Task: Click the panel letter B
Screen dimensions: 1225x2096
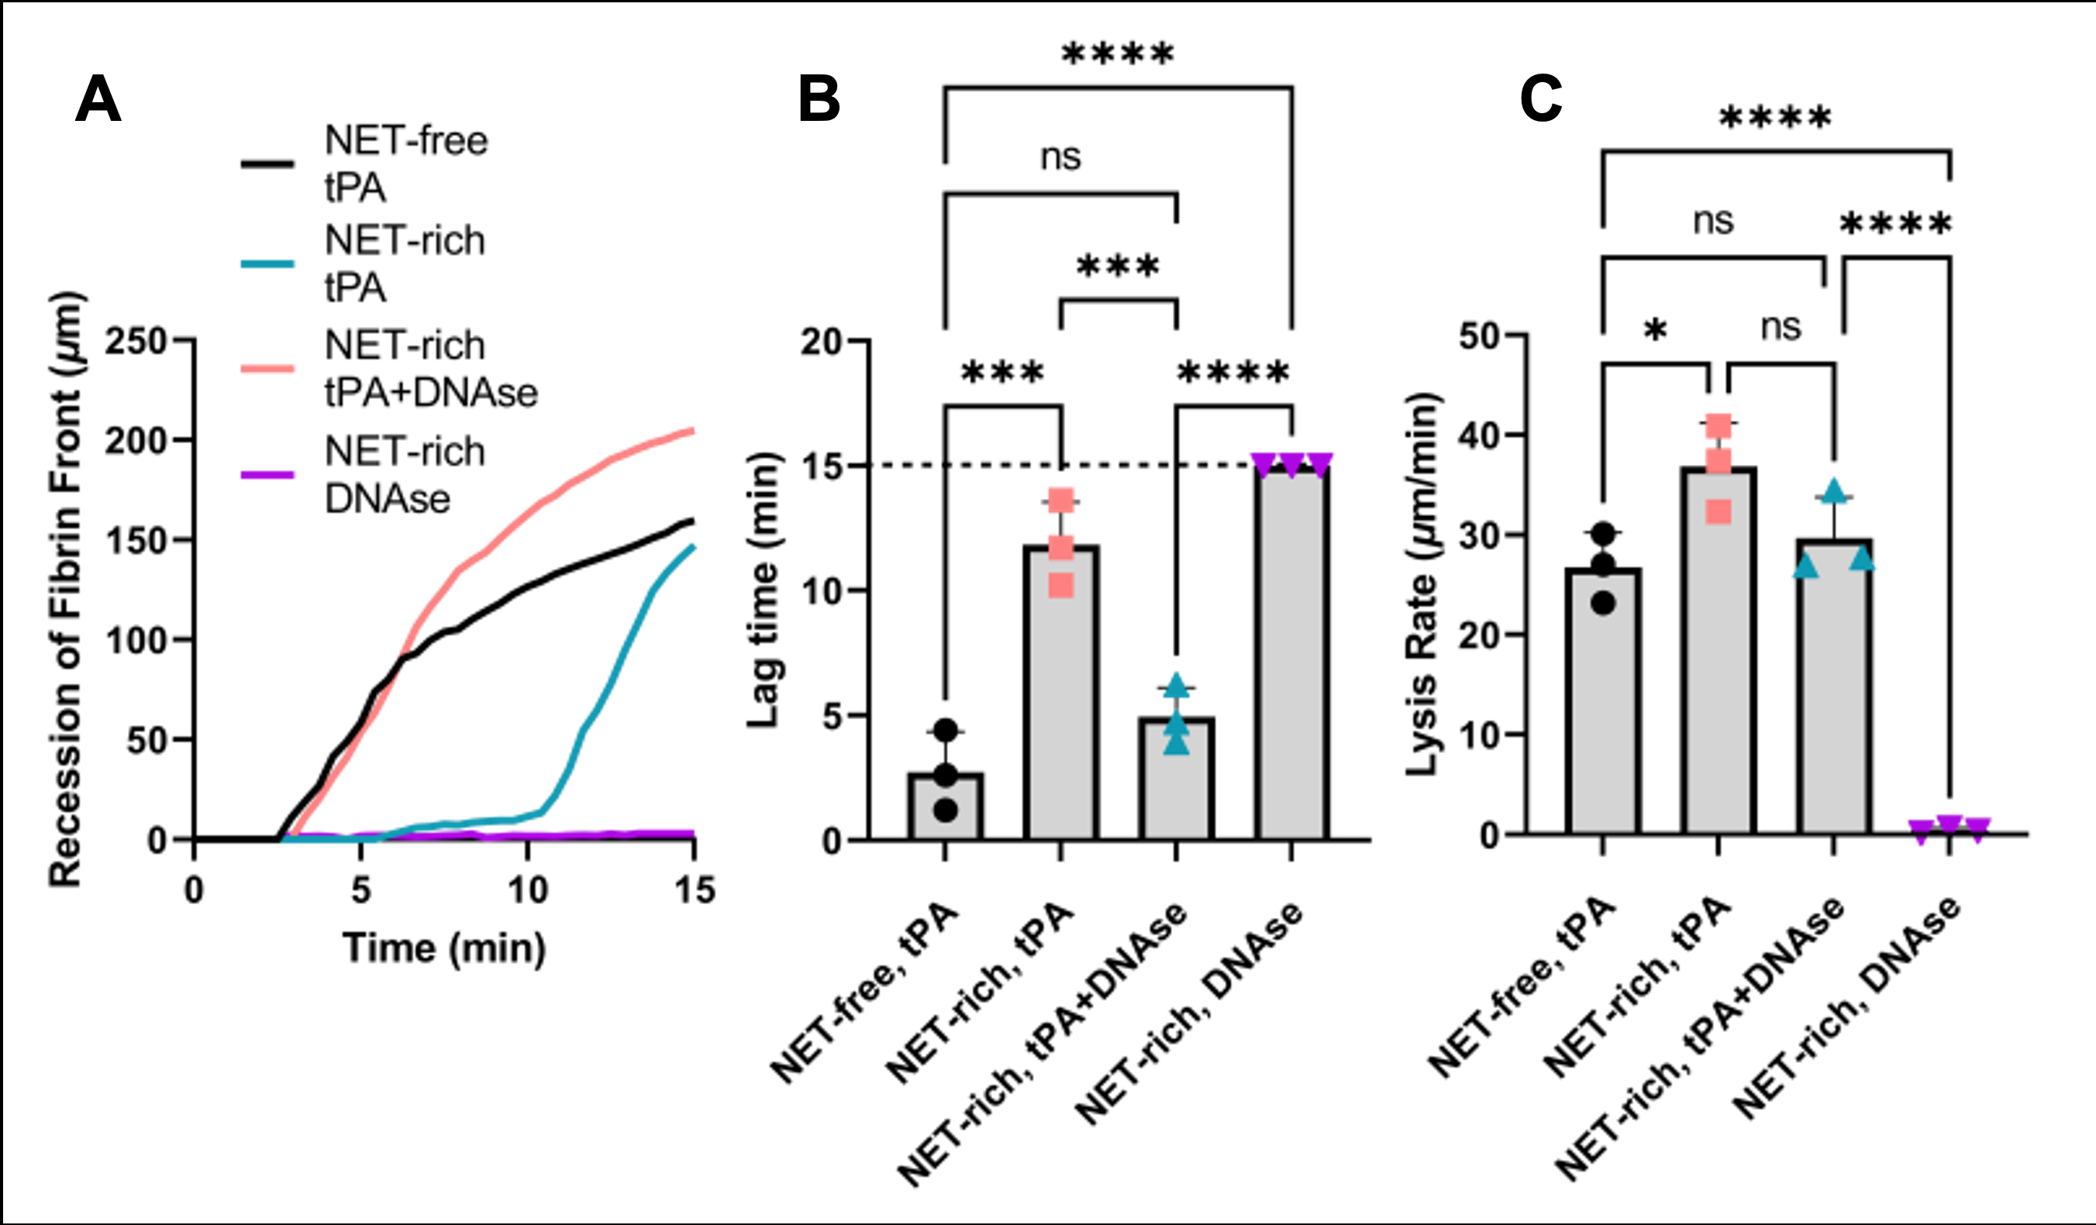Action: click(x=819, y=100)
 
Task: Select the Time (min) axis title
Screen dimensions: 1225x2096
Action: click(x=444, y=948)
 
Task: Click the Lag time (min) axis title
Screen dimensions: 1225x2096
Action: click(x=762, y=590)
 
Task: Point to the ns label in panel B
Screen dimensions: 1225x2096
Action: click(x=1060, y=157)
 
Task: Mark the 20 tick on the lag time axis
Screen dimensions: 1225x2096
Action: click(x=822, y=341)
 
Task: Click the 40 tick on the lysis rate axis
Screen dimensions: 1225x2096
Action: click(x=1482, y=435)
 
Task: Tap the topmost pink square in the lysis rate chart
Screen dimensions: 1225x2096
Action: click(x=1719, y=427)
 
